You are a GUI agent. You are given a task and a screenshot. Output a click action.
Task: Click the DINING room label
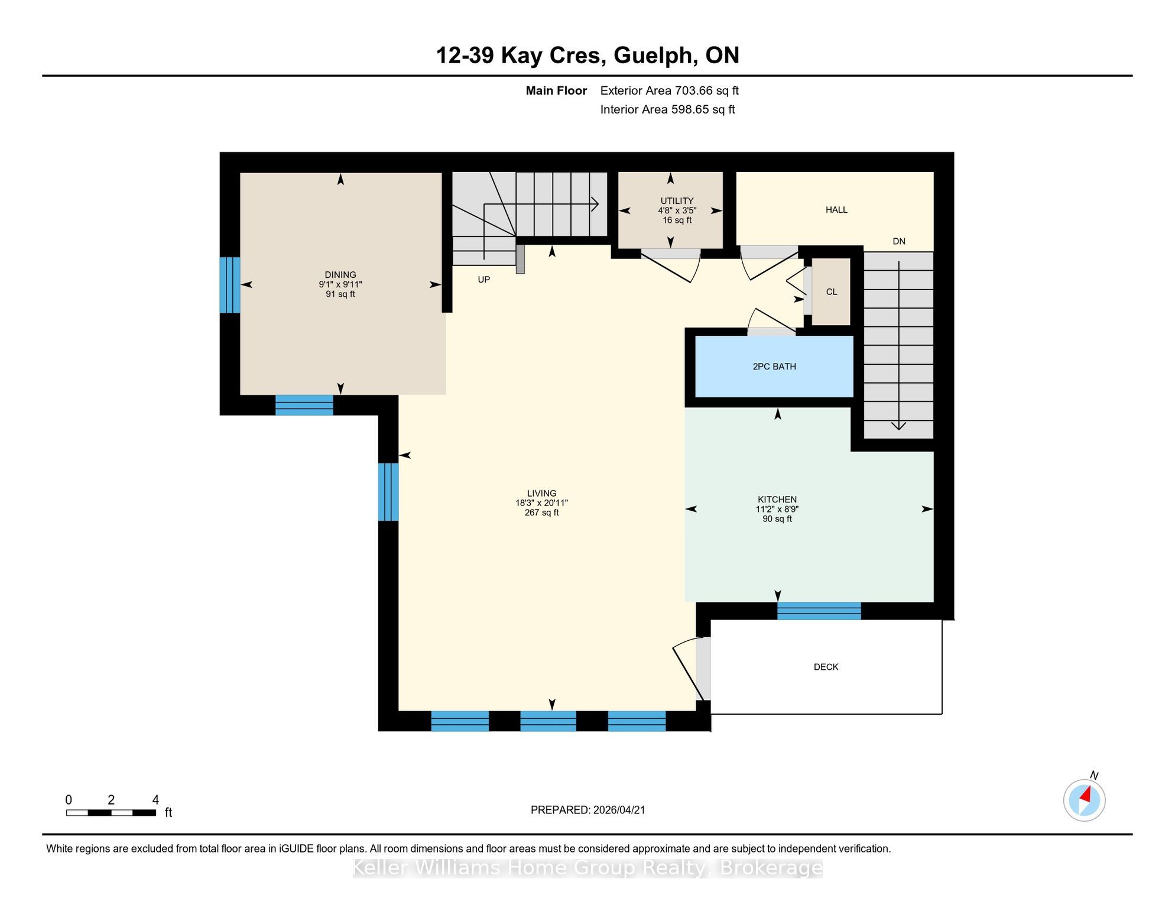point(340,275)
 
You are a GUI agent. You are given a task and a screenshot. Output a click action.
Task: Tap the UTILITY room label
point(677,201)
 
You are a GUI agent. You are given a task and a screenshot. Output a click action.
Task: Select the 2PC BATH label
point(774,367)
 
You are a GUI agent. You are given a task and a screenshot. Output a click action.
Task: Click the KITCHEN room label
point(777,500)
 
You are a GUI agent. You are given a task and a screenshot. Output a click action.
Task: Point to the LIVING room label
point(541,493)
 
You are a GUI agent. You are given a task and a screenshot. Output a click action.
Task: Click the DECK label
point(826,667)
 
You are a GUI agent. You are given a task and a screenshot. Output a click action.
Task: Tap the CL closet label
point(832,291)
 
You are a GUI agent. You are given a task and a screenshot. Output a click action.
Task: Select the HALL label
point(836,210)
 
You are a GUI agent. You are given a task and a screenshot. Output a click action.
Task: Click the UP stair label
point(484,280)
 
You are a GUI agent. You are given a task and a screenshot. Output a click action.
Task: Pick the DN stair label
point(899,241)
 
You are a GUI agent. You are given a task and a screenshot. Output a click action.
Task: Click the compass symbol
point(1085,800)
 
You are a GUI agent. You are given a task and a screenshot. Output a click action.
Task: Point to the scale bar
point(111,813)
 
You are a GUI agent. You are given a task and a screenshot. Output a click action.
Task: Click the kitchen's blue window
point(819,611)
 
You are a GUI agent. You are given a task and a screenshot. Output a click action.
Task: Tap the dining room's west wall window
point(230,285)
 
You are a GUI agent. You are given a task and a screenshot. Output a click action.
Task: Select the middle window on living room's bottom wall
point(548,721)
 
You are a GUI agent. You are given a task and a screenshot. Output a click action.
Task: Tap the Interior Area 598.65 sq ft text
point(667,109)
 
